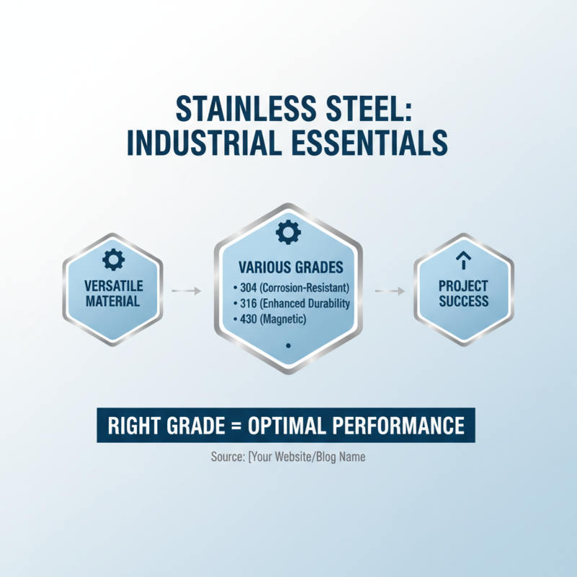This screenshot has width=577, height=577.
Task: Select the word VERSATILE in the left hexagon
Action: pos(113,286)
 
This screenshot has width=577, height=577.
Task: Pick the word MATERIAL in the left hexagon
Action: pos(113,301)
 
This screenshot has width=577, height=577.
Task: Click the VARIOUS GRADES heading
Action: pos(288,266)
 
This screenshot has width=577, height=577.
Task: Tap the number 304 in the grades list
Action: pos(248,288)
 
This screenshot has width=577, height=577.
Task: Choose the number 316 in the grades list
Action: pos(248,304)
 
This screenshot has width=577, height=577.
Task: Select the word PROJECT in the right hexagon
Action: pos(463,286)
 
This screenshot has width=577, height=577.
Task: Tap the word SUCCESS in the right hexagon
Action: pos(463,301)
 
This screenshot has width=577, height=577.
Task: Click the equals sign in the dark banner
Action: pos(232,425)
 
